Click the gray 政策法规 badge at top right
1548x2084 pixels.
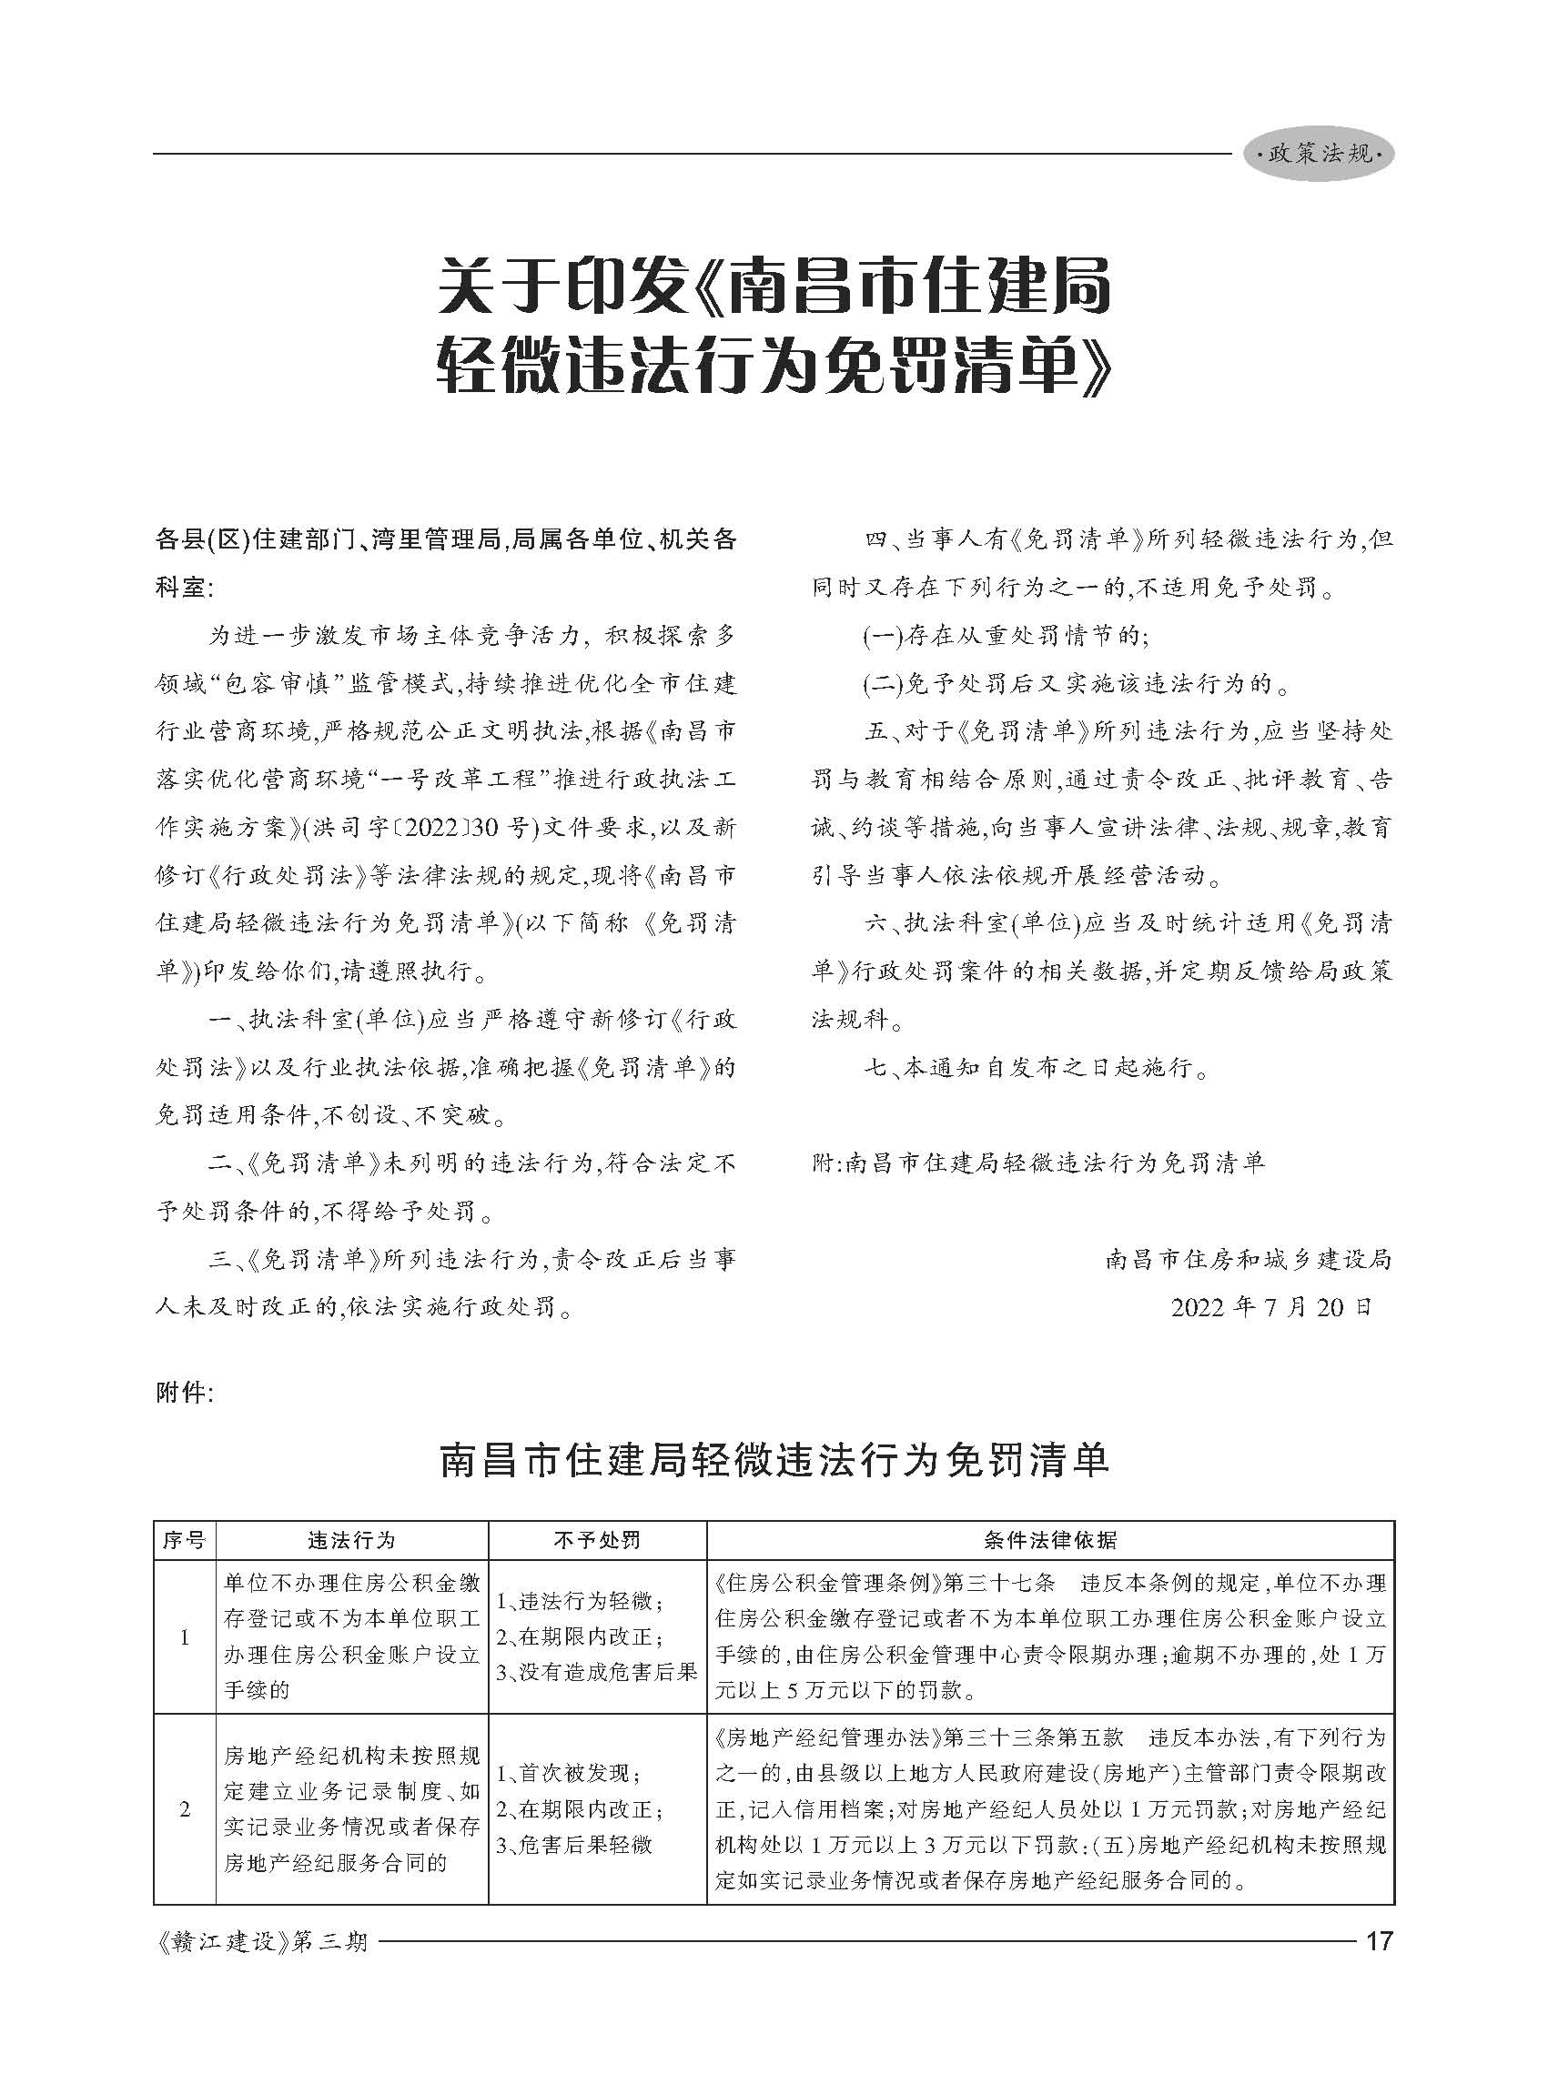point(1319,154)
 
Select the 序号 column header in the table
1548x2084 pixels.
point(184,1540)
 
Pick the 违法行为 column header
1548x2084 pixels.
point(351,1540)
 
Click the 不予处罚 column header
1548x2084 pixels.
point(597,1540)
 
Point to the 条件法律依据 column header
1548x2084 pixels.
point(1049,1540)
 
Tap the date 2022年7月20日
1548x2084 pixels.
point(1270,1306)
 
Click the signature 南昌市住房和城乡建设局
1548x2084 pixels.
point(1249,1259)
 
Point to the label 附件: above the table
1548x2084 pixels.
point(185,1393)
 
